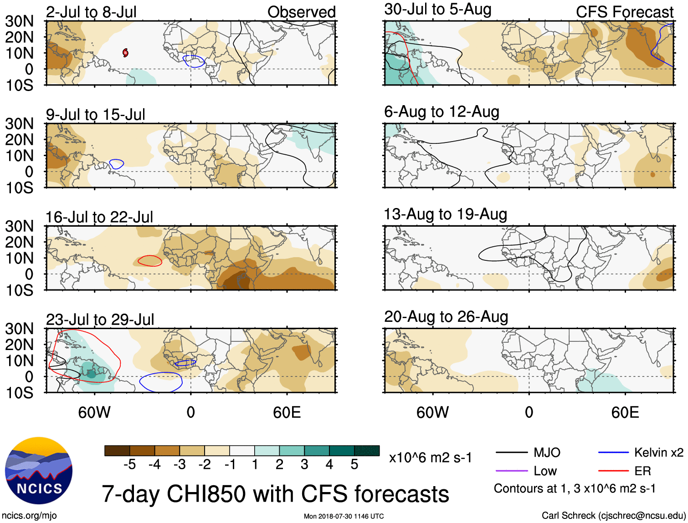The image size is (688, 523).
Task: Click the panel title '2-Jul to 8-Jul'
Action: pos(91,12)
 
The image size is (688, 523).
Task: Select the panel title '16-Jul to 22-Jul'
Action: pos(99,217)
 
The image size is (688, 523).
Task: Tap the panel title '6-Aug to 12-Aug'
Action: pos(442,112)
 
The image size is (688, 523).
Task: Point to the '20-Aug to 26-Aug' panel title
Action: pos(446,317)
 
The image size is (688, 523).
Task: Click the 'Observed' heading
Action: pos(301,12)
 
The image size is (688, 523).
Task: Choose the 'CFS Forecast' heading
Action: pos(624,12)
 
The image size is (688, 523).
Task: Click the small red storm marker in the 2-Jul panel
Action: pos(125,53)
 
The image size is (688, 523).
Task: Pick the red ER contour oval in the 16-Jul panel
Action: pos(150,261)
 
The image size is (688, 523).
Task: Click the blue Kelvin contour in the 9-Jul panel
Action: pos(117,164)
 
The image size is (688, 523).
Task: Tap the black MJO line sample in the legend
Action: pos(512,452)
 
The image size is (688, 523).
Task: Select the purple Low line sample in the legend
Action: pos(512,471)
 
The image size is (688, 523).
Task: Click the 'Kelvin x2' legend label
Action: pos(658,452)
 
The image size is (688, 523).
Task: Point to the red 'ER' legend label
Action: pos(642,471)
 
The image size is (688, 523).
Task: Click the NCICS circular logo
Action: pos(38,470)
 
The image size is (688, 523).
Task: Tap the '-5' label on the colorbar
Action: pos(130,465)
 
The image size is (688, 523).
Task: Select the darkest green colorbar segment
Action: pos(367,451)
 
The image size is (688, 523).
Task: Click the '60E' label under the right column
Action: pos(625,412)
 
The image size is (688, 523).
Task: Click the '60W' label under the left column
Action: pos(94,412)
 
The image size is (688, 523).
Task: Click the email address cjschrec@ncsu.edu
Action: pos(642,515)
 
